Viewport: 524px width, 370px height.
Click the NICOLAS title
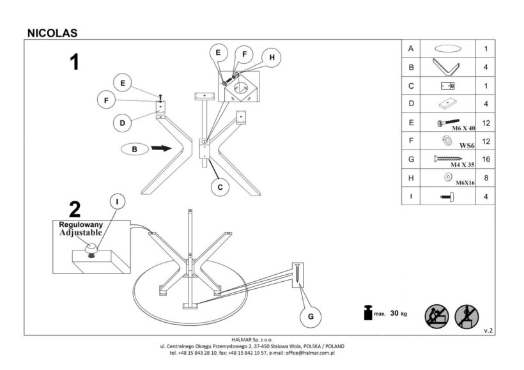[x=53, y=32]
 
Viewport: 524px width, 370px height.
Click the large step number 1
[x=75, y=62]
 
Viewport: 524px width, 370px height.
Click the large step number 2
[x=75, y=210]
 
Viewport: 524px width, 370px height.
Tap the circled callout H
[x=272, y=58]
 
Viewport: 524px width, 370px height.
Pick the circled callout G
[x=311, y=316]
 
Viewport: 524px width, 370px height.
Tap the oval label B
[x=134, y=149]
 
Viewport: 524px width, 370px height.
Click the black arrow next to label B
[x=161, y=148]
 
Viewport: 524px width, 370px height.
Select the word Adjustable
[x=81, y=233]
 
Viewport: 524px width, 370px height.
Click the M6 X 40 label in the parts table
[x=463, y=128]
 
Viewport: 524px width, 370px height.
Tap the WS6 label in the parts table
[x=467, y=146]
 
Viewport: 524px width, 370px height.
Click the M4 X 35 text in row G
[x=463, y=164]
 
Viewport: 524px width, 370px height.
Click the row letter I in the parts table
[x=412, y=197]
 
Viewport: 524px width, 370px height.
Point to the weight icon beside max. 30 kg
[x=367, y=314]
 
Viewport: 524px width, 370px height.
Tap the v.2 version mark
[x=489, y=330]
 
